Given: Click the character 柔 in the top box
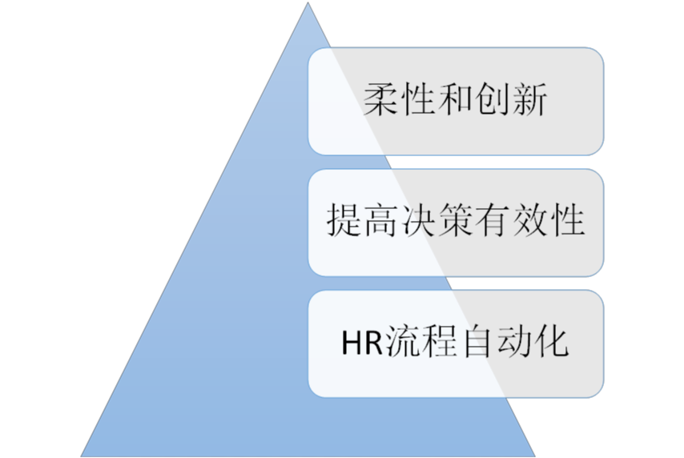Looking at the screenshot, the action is point(380,100).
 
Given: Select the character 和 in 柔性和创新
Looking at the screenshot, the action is point(456,100).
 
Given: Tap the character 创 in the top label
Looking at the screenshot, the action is point(493,100).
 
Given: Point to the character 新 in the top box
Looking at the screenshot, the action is point(529,100).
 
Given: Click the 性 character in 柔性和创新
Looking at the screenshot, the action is point(418,100).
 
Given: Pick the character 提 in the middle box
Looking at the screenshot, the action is point(344,220).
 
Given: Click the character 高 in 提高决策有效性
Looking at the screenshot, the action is point(380,220).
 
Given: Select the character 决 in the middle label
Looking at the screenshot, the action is point(418,220).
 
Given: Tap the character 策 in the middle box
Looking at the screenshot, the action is point(456,220).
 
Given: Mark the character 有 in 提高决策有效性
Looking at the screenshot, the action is point(493,220).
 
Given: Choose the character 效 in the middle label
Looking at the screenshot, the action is point(530,220).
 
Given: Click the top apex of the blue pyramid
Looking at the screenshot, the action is point(308,2).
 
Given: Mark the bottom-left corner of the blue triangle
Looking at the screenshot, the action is point(82,456).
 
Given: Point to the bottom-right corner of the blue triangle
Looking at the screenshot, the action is point(535,456).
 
